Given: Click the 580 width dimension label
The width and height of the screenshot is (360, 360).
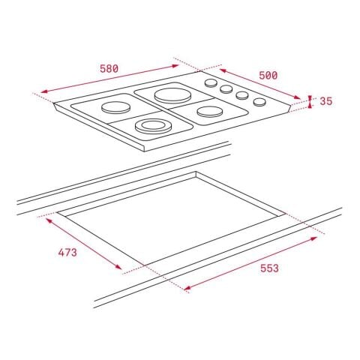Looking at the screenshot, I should pos(109,68).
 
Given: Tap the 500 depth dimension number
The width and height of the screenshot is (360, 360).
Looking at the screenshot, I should pos(268,75).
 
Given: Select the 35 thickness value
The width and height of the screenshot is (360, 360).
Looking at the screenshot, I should pos(325,101).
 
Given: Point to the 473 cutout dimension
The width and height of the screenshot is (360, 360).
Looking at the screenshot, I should pos(67,252).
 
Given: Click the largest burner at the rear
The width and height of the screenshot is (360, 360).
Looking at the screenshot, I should pos(170,95).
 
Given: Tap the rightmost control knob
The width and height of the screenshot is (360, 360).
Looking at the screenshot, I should pos(259,102).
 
